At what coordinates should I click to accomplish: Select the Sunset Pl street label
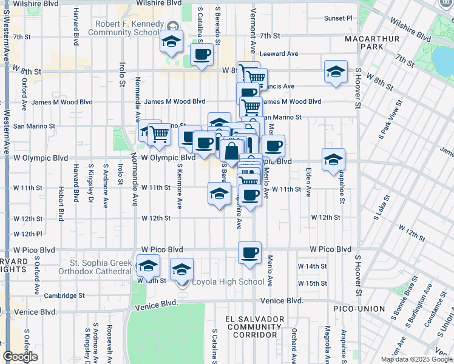click(337, 18)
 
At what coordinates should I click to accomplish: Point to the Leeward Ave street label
click(280, 54)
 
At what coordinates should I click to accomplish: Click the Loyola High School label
click(228, 281)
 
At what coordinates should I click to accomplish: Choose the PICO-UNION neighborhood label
click(359, 309)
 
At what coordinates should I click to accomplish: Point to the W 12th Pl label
click(27, 234)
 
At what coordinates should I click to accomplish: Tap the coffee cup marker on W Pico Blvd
click(249, 253)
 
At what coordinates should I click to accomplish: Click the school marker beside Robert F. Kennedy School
click(171, 42)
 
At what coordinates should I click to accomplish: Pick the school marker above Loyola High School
click(181, 269)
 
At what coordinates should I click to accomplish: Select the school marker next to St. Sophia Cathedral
click(147, 266)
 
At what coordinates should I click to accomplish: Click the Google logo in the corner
click(20, 357)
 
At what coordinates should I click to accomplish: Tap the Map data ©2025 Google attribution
click(416, 359)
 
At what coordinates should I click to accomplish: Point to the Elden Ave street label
click(308, 182)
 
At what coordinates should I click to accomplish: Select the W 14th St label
click(312, 266)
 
